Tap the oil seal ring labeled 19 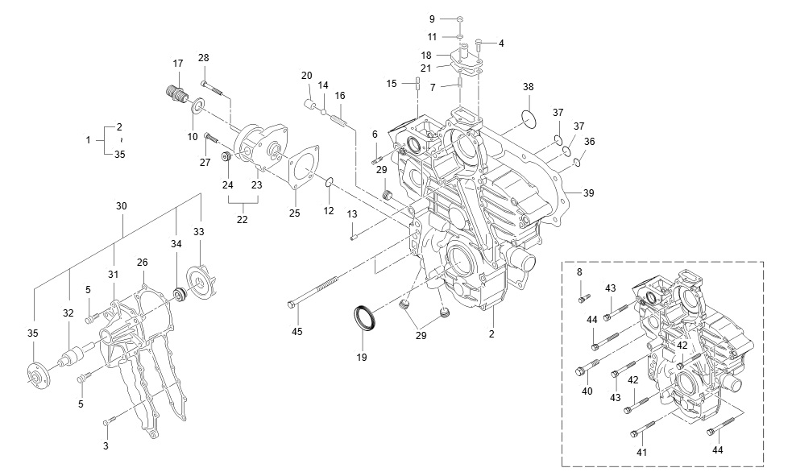pyautogui.click(x=367, y=317)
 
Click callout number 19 pyautogui.click(x=362, y=357)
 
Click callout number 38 pyautogui.click(x=528, y=87)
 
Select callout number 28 pyautogui.click(x=204, y=58)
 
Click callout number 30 pyautogui.click(x=122, y=206)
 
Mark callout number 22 pyautogui.click(x=243, y=219)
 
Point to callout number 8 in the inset pyautogui.click(x=579, y=273)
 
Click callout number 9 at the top pyautogui.click(x=432, y=18)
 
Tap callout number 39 pyautogui.click(x=589, y=193)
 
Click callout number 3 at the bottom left pyautogui.click(x=106, y=445)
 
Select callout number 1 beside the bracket pyautogui.click(x=89, y=140)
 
